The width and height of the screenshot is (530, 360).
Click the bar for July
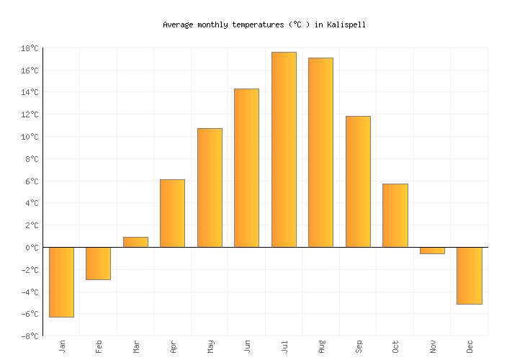tap(284, 150)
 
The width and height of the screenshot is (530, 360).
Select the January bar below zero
tap(61, 282)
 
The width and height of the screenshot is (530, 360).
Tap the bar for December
tap(469, 275)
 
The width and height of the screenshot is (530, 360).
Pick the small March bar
tap(135, 242)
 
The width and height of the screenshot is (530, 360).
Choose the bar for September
tap(358, 181)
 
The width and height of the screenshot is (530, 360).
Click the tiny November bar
tap(432, 251)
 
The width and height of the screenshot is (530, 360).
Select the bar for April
tap(172, 213)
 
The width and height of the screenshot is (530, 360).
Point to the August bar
tap(320, 153)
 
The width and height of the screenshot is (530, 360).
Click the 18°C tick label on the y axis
tap(30, 48)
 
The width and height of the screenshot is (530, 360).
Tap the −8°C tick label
tap(30, 336)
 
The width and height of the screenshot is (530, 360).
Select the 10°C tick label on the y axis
tap(30, 137)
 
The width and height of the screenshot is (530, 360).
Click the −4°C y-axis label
tap(30, 292)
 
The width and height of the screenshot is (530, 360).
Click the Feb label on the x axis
tap(99, 346)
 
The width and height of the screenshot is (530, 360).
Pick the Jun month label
tap(247, 346)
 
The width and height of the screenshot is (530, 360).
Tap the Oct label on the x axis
tap(395, 346)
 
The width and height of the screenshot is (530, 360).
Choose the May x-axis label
tap(210, 346)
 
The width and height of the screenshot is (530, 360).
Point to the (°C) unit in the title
tap(300, 24)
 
